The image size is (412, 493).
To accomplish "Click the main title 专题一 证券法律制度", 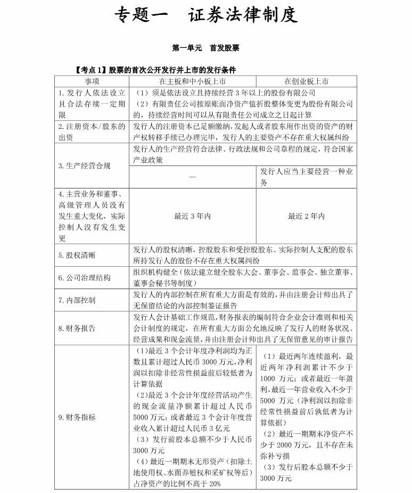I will [205, 15].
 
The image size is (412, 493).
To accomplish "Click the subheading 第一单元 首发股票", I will [205, 48].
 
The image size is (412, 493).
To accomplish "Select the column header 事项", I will [92, 81].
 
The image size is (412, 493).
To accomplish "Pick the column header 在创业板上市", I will [306, 81].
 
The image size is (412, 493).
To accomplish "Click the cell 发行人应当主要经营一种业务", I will [306, 177].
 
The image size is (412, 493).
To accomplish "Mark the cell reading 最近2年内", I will [306, 216].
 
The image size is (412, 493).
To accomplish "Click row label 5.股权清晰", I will [78, 255].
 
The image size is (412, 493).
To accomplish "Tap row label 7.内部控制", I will [78, 300].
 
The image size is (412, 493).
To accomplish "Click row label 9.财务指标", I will [78, 417].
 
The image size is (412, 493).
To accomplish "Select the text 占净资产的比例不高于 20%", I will [178, 483].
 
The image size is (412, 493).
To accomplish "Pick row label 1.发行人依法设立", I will [92, 92].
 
